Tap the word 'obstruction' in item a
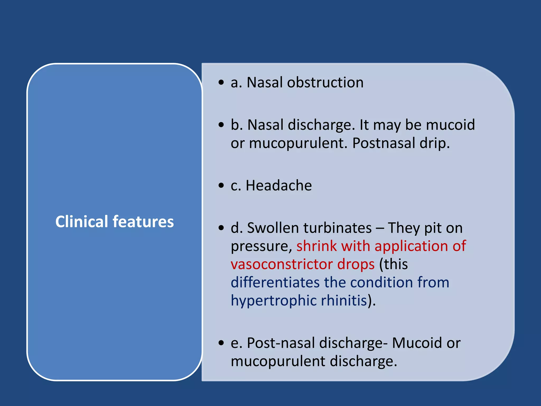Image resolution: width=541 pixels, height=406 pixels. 325,82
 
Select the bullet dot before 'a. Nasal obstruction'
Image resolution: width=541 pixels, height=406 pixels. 221,82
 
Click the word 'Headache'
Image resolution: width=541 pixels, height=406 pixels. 279,185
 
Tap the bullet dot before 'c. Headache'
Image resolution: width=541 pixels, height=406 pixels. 221,186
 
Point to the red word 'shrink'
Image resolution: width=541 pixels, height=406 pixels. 316,246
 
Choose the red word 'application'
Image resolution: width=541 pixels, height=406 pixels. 411,246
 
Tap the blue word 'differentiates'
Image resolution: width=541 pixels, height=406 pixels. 275,282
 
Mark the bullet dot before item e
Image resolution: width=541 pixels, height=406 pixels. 221,343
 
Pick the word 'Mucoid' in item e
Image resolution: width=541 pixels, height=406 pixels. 417,343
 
